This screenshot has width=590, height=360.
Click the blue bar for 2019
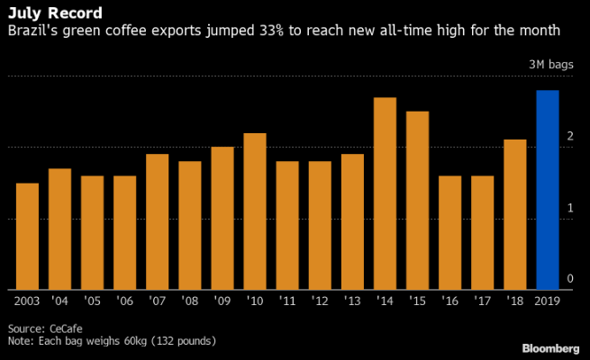(x=547, y=190)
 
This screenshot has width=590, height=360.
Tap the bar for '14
(x=385, y=193)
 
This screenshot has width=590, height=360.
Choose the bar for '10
(x=255, y=211)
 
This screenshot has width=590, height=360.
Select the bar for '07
(x=157, y=221)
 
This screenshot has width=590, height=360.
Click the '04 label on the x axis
(x=59, y=299)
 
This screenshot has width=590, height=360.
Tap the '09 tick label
(x=222, y=299)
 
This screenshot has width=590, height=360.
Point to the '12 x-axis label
(x=320, y=299)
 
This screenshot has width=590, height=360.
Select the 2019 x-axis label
(x=547, y=299)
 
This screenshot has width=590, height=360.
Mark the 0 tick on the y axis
(x=569, y=278)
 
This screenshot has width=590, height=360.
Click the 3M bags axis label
(x=549, y=66)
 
